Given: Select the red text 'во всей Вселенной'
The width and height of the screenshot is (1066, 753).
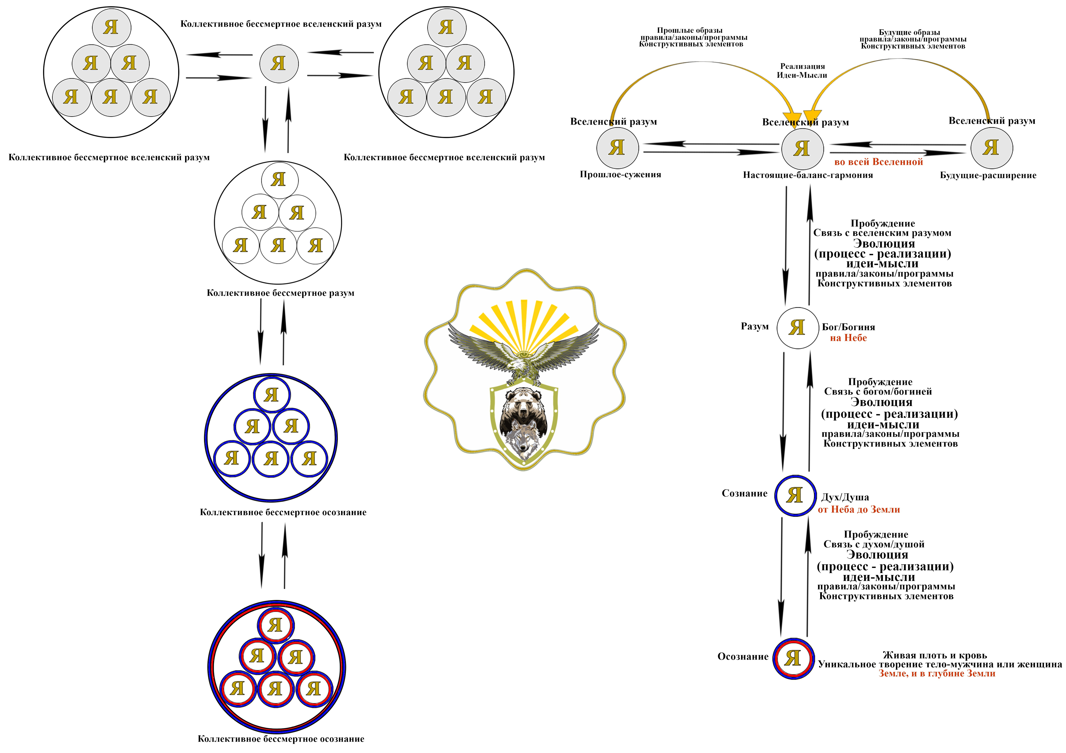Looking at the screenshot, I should pyautogui.click(x=878, y=162).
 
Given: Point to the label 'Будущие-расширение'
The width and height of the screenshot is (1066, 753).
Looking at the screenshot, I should pyautogui.click(x=988, y=175).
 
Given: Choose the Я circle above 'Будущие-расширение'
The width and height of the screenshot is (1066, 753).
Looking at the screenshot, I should pyautogui.click(x=991, y=148).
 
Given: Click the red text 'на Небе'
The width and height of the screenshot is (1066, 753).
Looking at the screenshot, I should pyautogui.click(x=848, y=338).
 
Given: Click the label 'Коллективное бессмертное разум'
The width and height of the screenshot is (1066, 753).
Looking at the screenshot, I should pyautogui.click(x=280, y=293).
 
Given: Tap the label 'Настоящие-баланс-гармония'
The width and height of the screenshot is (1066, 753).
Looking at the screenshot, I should pyautogui.click(x=808, y=175).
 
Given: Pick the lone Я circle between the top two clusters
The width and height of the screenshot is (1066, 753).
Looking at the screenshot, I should pyautogui.click(x=279, y=64).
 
